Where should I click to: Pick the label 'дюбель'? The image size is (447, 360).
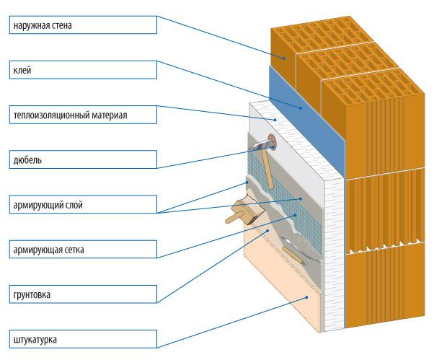tap(27, 159)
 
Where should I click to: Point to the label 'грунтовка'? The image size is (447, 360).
tap(32, 295)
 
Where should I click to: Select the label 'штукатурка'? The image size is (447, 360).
tap(35, 339)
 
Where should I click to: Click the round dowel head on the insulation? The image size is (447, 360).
tap(270, 142)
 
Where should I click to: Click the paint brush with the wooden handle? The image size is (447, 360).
tap(240, 214)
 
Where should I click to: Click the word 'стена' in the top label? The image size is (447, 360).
tap(61, 26)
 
